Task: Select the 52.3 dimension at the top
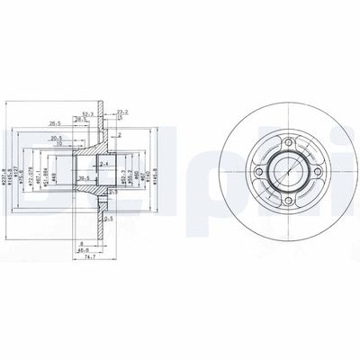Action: coord(88,113)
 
